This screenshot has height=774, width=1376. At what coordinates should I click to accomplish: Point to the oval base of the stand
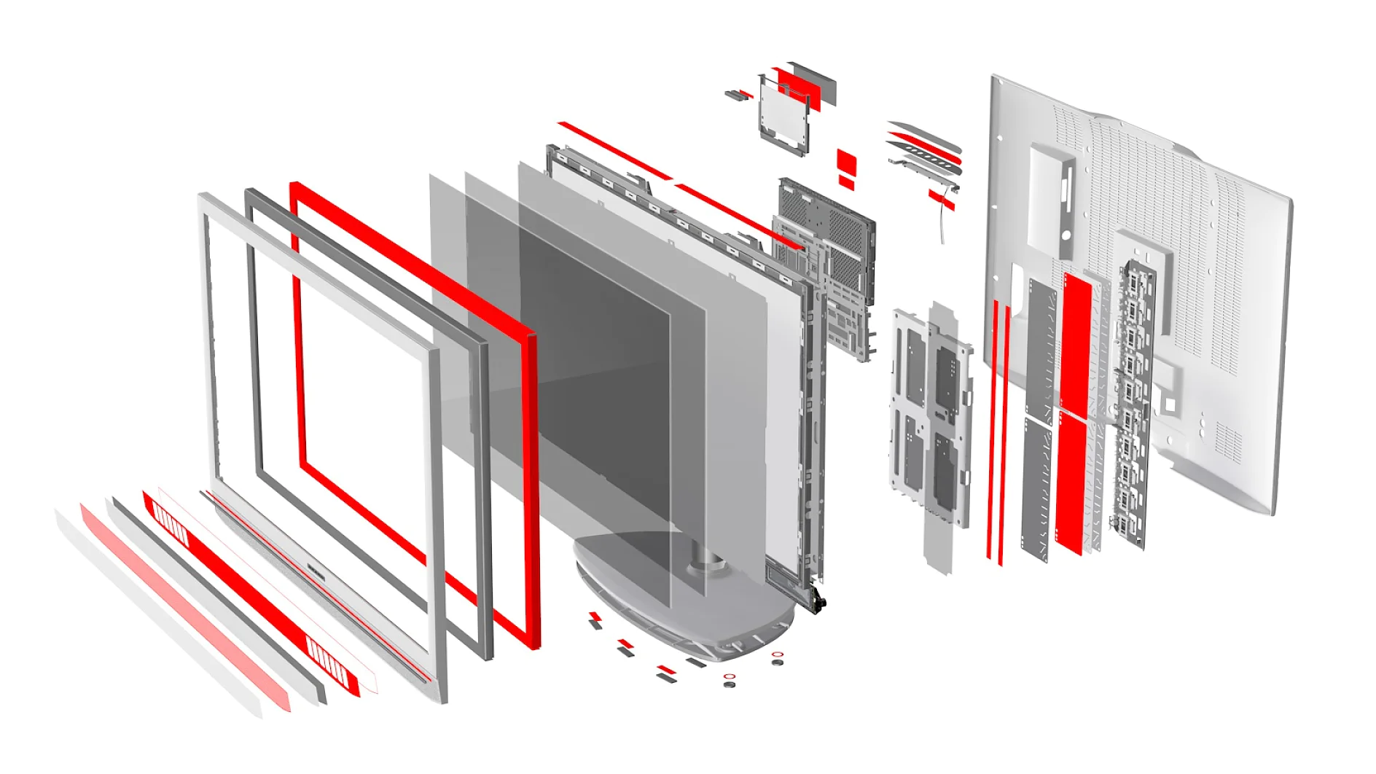click(681, 598)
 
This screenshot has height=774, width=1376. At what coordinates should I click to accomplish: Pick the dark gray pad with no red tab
click(696, 662)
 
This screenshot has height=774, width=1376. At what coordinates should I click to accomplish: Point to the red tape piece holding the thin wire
click(941, 198)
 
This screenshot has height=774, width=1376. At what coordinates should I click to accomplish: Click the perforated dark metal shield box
click(827, 219)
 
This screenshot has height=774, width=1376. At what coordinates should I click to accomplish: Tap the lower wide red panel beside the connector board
click(1071, 481)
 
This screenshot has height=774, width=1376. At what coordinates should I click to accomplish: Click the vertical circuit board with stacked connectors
click(1130, 401)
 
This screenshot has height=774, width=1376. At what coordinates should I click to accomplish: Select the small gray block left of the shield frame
click(732, 94)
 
